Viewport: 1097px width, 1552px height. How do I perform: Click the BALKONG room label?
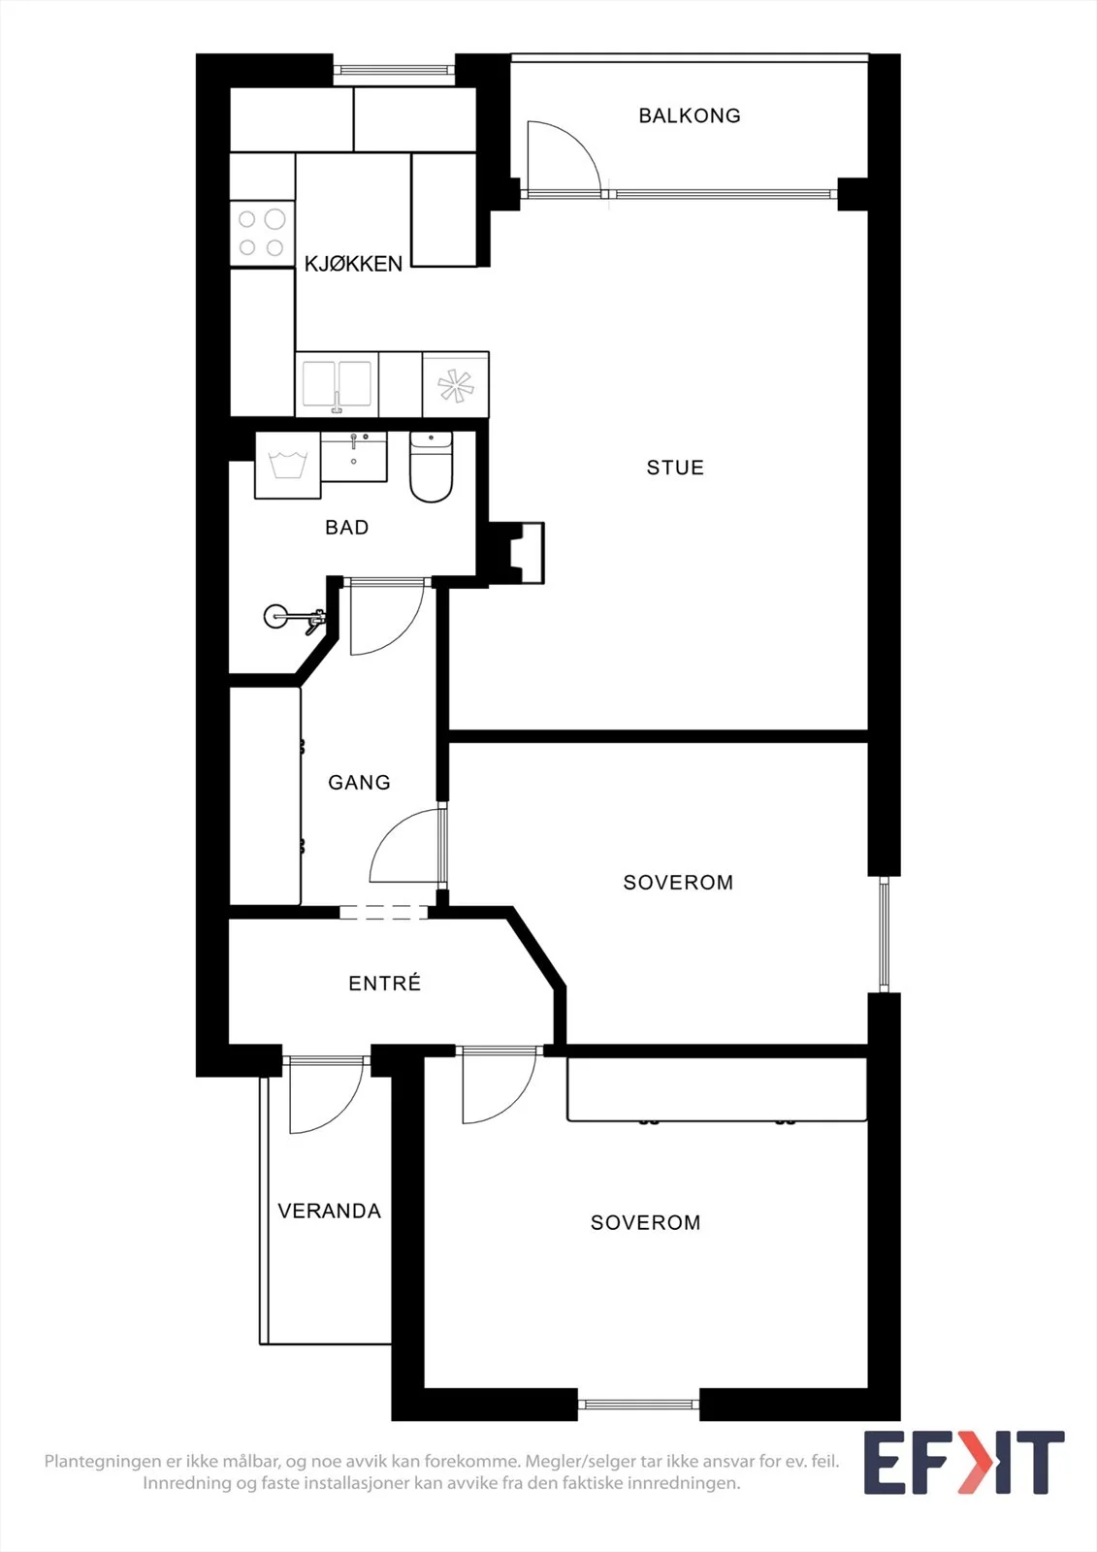point(690,115)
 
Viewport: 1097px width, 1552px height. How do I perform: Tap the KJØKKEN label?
point(353,264)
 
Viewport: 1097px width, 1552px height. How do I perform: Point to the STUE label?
point(675,468)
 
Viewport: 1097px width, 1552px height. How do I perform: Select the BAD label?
point(346,528)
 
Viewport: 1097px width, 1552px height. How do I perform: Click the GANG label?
point(359,782)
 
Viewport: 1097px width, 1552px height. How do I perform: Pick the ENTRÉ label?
point(385,983)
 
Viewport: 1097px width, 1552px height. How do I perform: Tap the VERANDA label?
point(329,1212)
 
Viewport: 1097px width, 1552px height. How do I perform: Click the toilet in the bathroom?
point(431,467)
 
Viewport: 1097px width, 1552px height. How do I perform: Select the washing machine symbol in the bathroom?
point(288,465)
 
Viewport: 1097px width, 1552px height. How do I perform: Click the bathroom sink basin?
point(354,457)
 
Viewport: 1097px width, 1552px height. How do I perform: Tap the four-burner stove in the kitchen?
point(262,234)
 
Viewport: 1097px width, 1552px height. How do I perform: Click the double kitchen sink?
point(337,384)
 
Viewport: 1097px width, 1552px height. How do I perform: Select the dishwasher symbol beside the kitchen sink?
point(455,384)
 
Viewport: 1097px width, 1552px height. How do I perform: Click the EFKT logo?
point(964,1463)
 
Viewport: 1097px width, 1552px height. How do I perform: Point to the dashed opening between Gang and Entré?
point(384,913)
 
